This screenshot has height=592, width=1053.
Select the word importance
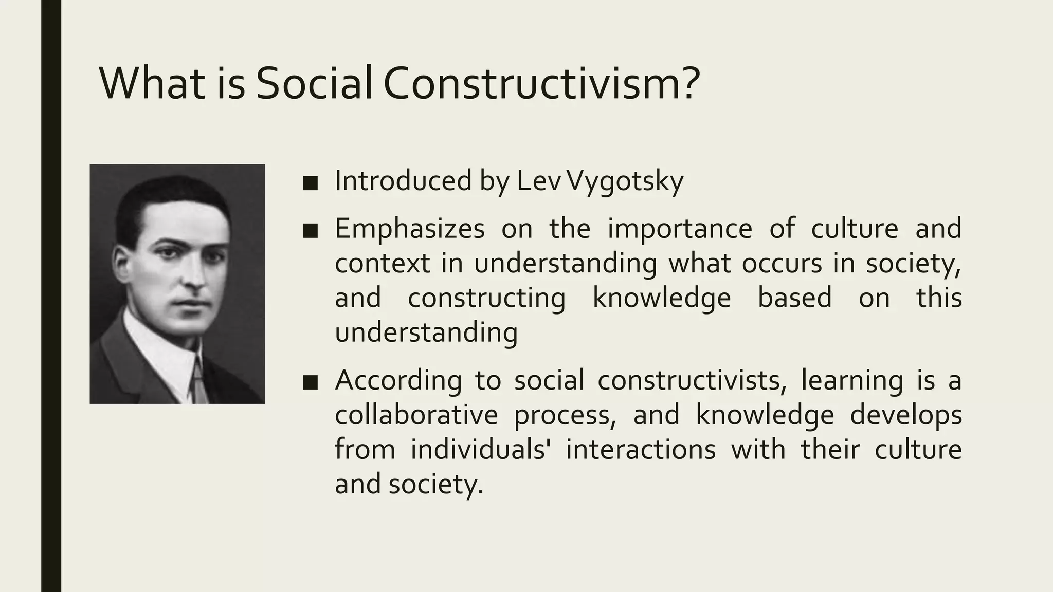680,229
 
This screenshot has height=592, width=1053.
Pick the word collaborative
416,415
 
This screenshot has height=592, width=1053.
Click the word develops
905,415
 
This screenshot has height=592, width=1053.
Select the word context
382,264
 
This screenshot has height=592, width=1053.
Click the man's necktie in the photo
198,383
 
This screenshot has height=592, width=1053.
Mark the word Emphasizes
409,229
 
